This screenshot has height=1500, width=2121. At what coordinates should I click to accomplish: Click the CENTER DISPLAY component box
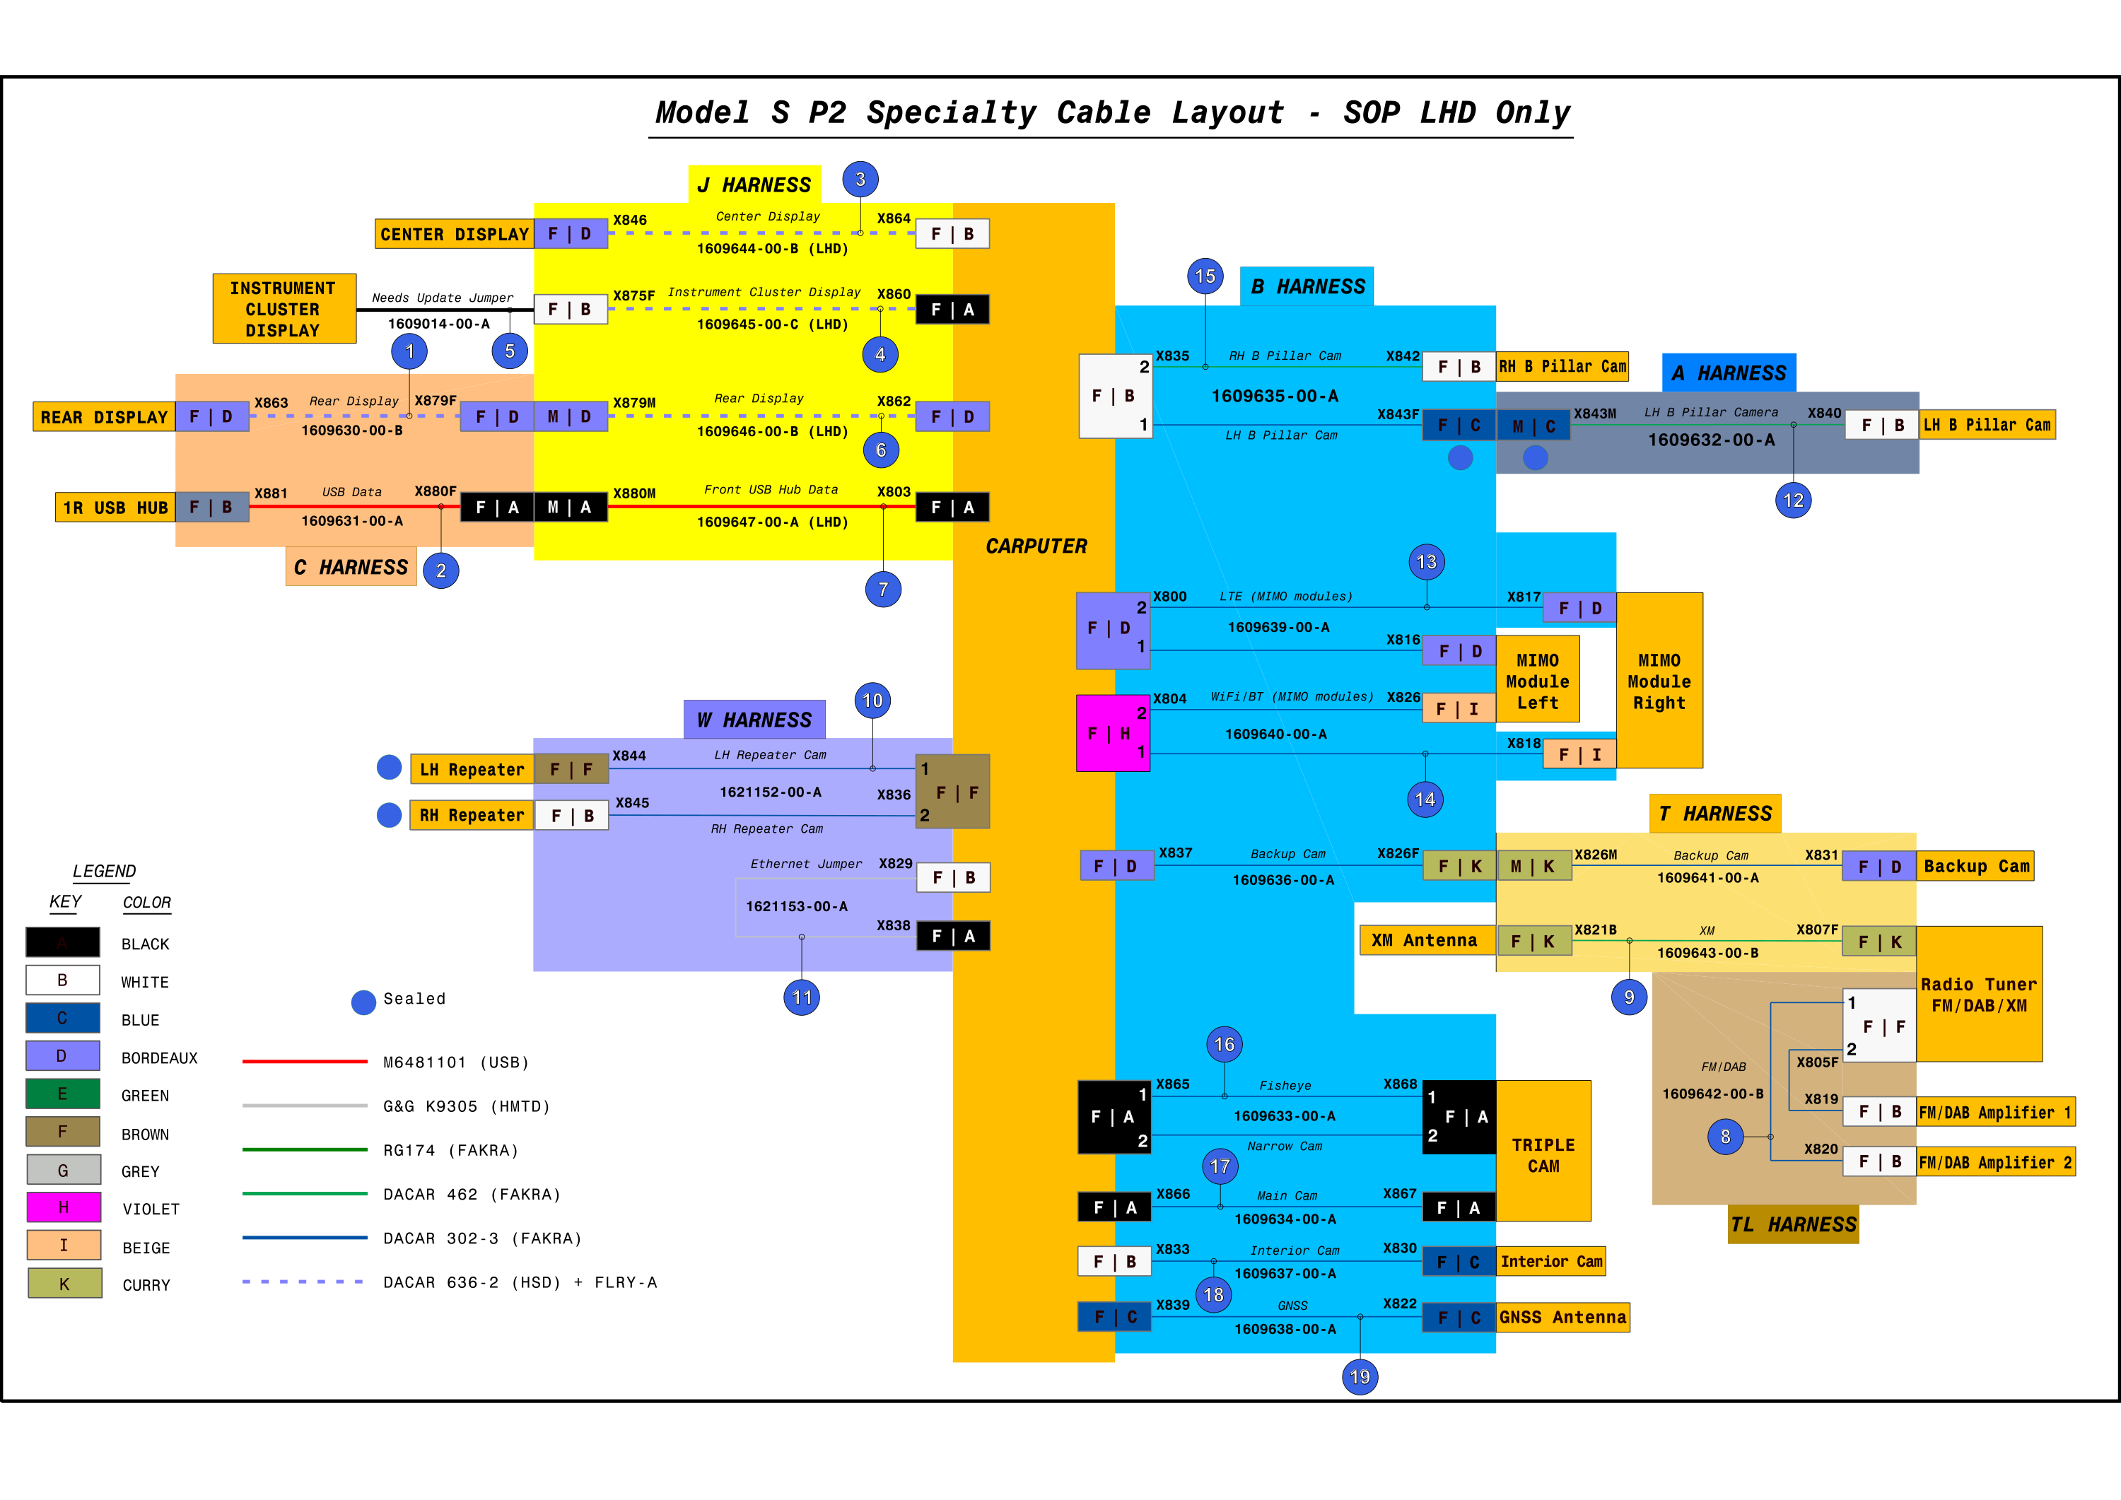[x=454, y=234]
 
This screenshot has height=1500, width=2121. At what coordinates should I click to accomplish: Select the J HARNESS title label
[x=755, y=184]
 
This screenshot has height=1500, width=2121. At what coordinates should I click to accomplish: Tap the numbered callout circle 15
[x=1205, y=276]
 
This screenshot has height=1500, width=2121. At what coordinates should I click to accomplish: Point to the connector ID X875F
[x=633, y=295]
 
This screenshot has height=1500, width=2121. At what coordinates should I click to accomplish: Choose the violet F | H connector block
[x=1113, y=733]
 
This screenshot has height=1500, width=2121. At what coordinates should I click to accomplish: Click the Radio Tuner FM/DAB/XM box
[x=1979, y=994]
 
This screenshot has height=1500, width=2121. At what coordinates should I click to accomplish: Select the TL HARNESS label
[x=1793, y=1225]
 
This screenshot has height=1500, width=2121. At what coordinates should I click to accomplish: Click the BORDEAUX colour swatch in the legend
[x=63, y=1056]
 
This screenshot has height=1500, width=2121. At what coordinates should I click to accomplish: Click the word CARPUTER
[x=1036, y=546]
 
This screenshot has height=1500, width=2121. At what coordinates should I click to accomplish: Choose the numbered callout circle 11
[x=802, y=997]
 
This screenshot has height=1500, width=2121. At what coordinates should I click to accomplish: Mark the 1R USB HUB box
[x=115, y=507]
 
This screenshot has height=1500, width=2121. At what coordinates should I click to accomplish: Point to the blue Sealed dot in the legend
[x=364, y=1002]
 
